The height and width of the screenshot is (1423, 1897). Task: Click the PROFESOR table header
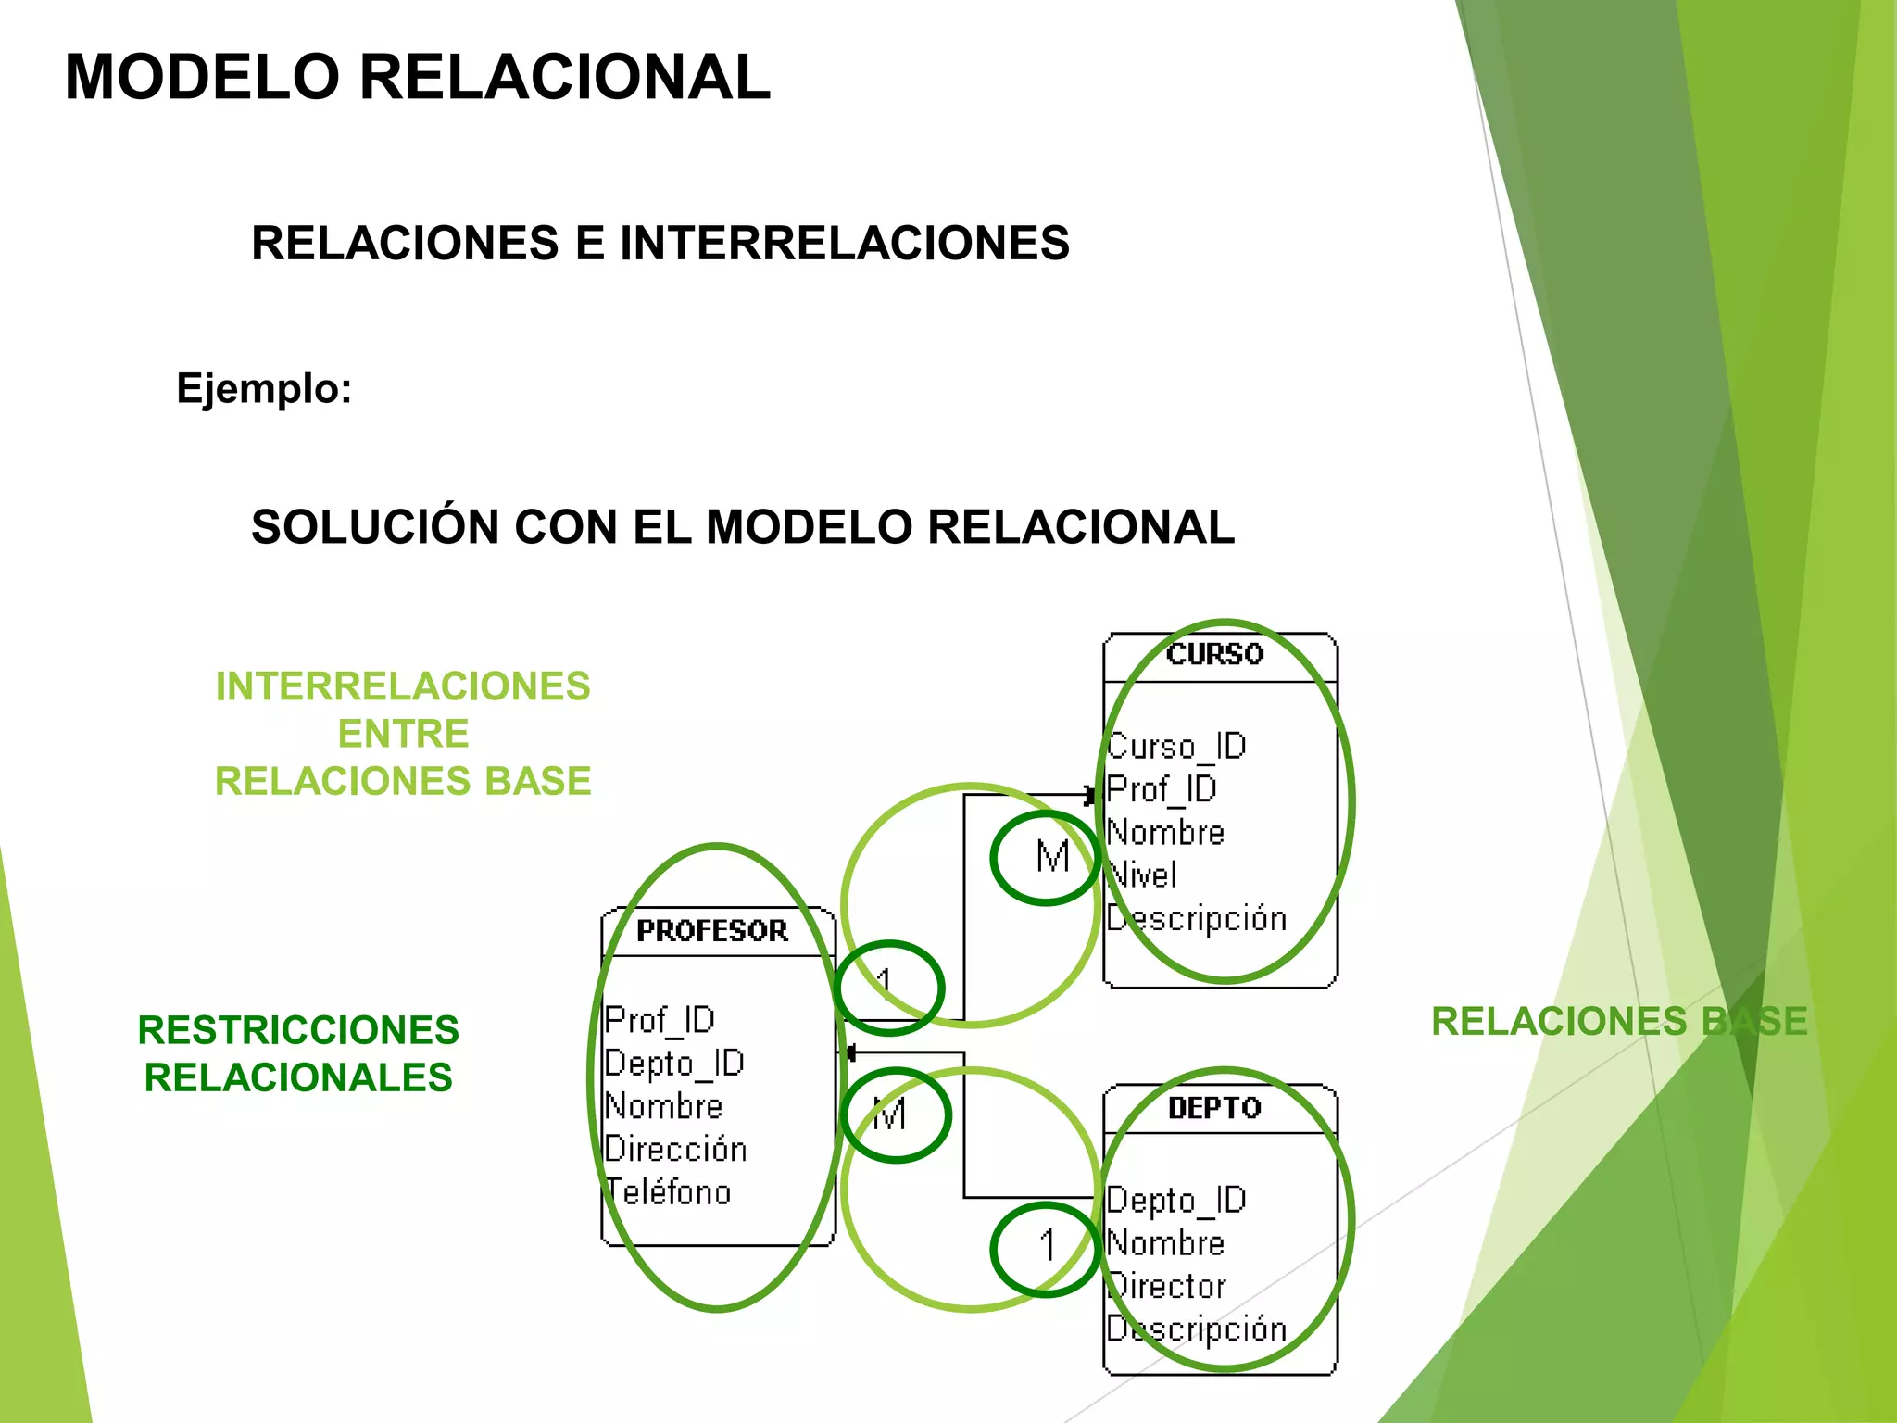(711, 930)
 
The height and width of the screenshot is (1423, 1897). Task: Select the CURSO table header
(1214, 654)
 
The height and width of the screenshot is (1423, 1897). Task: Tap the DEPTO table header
(1214, 1108)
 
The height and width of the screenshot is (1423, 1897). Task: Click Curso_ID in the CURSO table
(1177, 746)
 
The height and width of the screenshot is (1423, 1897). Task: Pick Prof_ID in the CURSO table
(1162, 789)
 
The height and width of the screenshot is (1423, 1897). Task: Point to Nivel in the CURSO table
(1143, 875)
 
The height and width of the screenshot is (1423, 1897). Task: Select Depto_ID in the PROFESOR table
(674, 1063)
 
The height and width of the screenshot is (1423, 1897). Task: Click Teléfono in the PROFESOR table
(668, 1191)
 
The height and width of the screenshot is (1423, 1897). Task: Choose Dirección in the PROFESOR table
(675, 1149)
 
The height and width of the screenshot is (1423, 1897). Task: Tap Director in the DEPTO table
(1168, 1286)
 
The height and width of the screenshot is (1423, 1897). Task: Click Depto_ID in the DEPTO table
(1177, 1200)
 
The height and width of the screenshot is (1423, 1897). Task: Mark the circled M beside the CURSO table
(1050, 857)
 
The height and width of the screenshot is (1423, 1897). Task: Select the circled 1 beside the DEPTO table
(1047, 1247)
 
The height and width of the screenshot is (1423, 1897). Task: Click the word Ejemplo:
(264, 388)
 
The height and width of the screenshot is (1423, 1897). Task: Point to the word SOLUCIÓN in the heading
(374, 527)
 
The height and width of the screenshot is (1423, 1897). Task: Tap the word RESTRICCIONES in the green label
(298, 1030)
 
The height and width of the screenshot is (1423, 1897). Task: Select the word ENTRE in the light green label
(403, 734)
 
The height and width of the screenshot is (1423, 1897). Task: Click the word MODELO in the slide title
(202, 77)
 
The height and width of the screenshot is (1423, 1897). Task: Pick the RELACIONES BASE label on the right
(1618, 1022)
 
